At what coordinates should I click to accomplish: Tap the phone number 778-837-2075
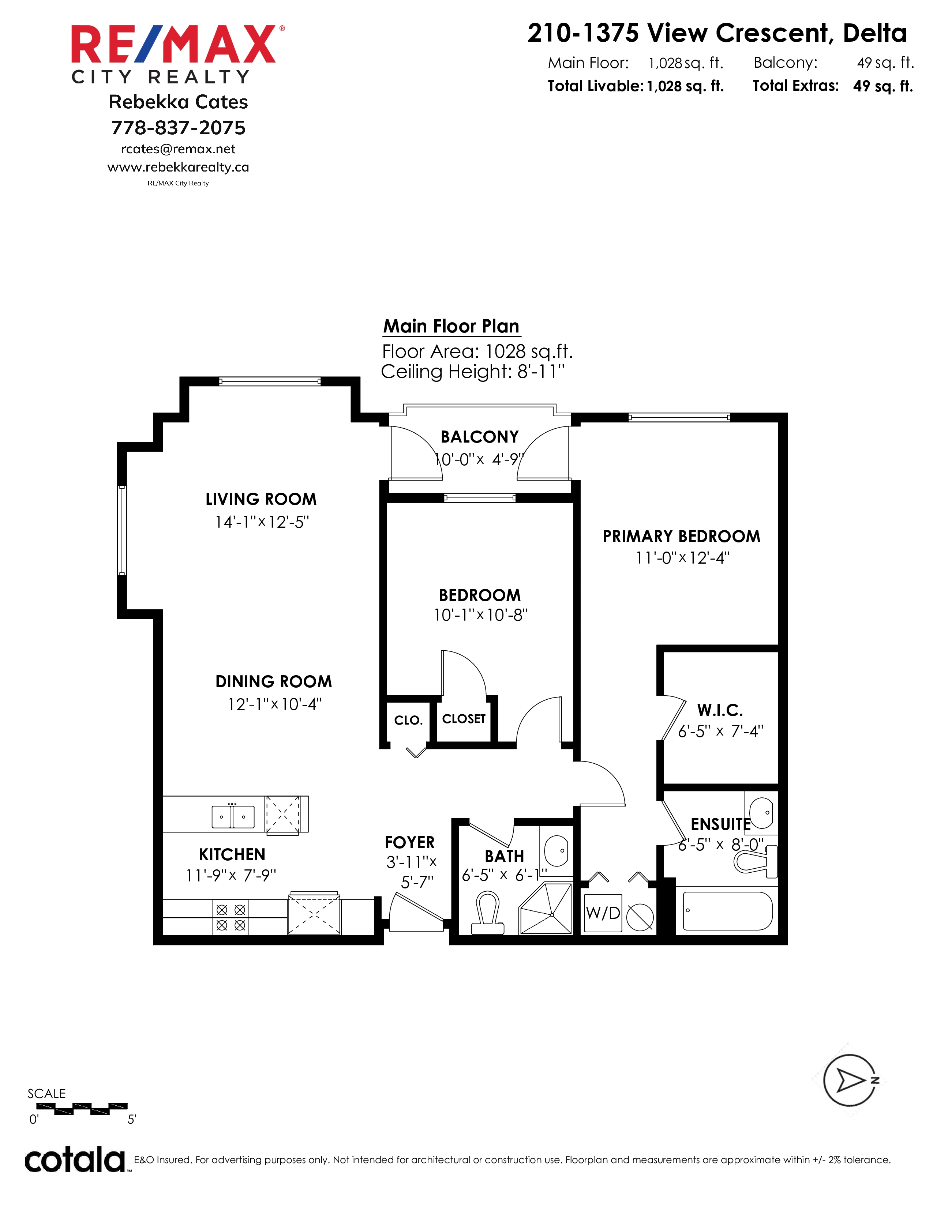(178, 128)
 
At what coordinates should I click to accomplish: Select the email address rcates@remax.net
(178, 149)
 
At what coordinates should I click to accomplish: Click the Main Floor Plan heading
(451, 326)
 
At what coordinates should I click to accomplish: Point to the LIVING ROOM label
(261, 499)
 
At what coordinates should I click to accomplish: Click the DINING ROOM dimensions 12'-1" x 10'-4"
(275, 704)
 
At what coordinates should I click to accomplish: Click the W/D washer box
(603, 913)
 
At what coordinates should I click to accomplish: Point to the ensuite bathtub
(727, 911)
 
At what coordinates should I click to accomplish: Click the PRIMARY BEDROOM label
(682, 536)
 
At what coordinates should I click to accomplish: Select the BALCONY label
(480, 437)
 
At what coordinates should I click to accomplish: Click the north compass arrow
(850, 1080)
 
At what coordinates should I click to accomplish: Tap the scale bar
(82, 1108)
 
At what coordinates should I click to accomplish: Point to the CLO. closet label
(408, 720)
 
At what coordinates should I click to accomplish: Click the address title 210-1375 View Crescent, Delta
(717, 33)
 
